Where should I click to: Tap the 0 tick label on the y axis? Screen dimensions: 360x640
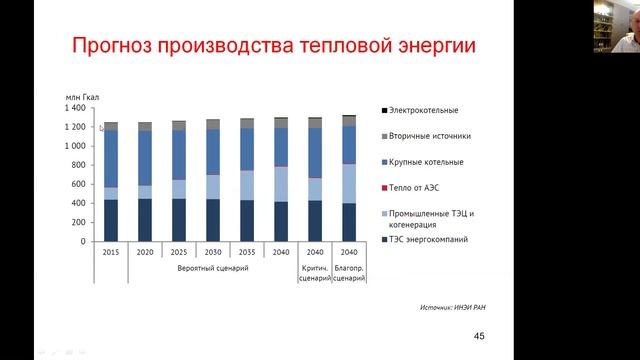[x=87, y=242]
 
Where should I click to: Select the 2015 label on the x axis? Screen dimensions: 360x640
[x=111, y=253]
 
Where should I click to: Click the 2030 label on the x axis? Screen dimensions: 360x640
[x=213, y=253]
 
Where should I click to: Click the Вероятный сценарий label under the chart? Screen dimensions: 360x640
[x=212, y=268]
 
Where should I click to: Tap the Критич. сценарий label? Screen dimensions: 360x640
[x=314, y=273]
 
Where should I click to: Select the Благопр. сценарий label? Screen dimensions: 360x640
[x=348, y=273]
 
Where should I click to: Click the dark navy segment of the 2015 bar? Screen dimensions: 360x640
[x=111, y=220]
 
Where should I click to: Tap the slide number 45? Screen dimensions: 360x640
[x=479, y=336]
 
